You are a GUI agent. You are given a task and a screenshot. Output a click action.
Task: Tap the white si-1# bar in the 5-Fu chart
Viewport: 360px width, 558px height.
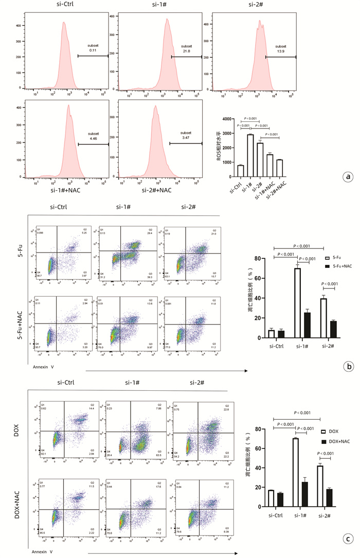click(297, 303)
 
